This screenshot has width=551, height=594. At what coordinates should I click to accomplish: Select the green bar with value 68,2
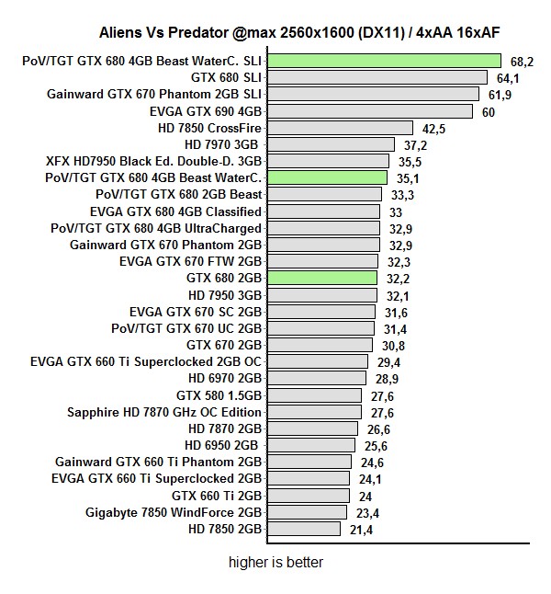(x=384, y=61)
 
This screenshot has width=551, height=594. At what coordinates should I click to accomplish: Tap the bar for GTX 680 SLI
(x=377, y=77)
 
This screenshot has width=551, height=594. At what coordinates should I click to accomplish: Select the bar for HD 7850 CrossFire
(x=340, y=128)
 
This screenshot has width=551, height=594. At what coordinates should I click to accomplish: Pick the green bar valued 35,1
(x=327, y=177)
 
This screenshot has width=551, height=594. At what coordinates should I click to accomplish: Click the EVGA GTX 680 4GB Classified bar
(x=324, y=211)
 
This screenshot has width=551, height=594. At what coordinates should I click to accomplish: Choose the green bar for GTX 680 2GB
(x=322, y=278)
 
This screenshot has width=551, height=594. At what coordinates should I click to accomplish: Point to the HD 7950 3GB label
(x=225, y=295)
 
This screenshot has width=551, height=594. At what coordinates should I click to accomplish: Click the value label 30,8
(x=393, y=345)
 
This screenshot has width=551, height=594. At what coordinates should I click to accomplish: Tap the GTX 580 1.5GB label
(x=219, y=395)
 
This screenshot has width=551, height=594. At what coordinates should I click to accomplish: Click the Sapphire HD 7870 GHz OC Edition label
(x=164, y=412)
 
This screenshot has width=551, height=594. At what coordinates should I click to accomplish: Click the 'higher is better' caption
(x=275, y=563)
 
